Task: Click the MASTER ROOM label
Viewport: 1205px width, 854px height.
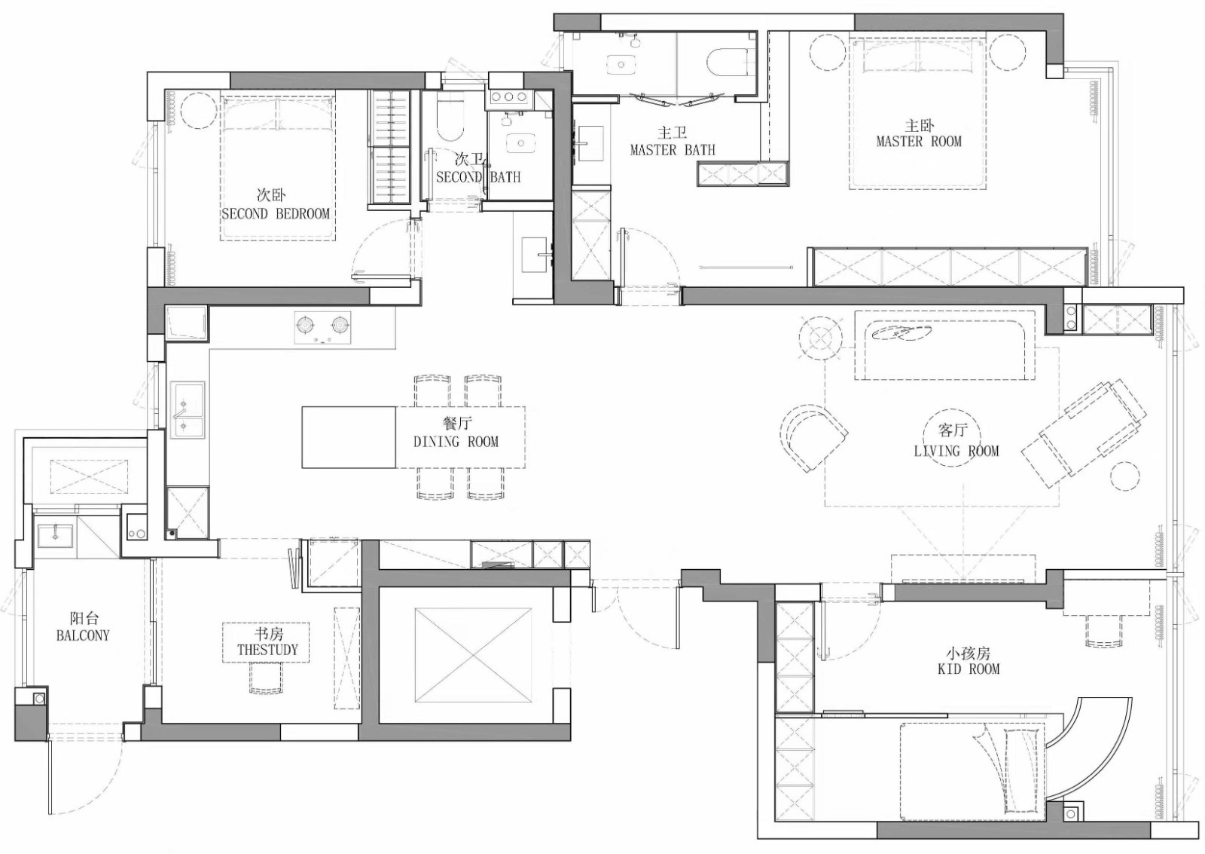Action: (919, 142)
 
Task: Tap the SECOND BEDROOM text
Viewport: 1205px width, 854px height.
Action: (276, 214)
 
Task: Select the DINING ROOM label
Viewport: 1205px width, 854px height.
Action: (456, 442)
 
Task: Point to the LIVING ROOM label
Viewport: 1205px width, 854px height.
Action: (956, 451)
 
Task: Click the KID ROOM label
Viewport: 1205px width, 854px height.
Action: (969, 669)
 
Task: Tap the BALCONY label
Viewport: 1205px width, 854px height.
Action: (83, 635)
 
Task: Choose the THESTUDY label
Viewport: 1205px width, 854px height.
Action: (267, 650)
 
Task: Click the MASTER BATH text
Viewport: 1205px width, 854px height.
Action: (673, 150)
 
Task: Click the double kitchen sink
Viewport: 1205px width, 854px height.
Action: (188, 410)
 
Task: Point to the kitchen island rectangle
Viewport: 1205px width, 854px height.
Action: (349, 437)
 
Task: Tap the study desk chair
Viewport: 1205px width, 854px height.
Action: (267, 678)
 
